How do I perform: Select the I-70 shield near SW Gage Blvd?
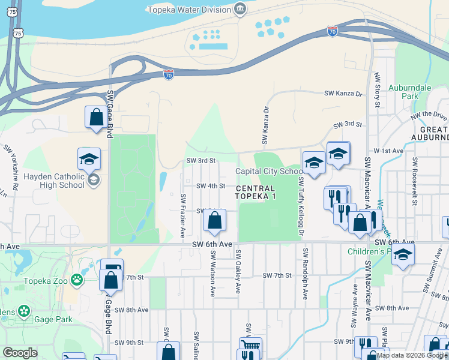pos(169,74)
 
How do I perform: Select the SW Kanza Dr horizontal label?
pos(343,94)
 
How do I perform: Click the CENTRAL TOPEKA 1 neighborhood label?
pos(256,193)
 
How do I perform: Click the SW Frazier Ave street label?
pos(182,214)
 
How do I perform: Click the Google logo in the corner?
pos(20,353)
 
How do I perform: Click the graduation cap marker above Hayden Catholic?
pos(89,159)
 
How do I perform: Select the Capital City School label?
pos(269,171)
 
